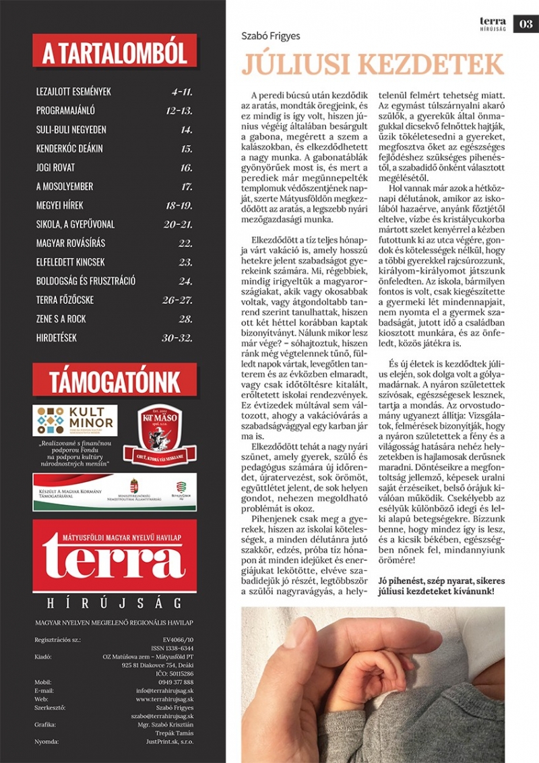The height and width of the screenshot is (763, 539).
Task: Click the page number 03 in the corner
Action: (x=526, y=24)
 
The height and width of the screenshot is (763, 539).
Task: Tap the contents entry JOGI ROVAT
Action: (x=55, y=167)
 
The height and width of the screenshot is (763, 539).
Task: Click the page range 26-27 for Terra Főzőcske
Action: (x=178, y=300)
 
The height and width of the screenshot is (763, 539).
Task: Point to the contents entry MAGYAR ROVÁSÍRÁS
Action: (x=71, y=243)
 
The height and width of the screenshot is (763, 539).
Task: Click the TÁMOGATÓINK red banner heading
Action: (x=114, y=381)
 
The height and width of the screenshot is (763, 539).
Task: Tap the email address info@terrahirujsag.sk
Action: (x=164, y=690)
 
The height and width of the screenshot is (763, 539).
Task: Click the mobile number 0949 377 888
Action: (x=174, y=681)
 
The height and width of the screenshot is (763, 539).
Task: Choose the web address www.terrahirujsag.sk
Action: (x=164, y=699)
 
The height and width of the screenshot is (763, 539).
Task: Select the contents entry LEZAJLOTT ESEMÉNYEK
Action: (x=73, y=91)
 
